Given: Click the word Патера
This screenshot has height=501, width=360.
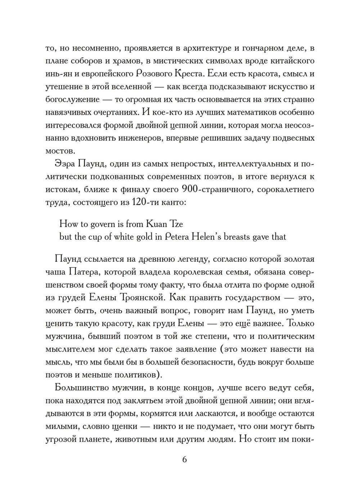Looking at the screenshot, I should (x=78, y=272).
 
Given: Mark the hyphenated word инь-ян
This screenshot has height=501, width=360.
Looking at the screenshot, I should (x=59, y=74).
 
